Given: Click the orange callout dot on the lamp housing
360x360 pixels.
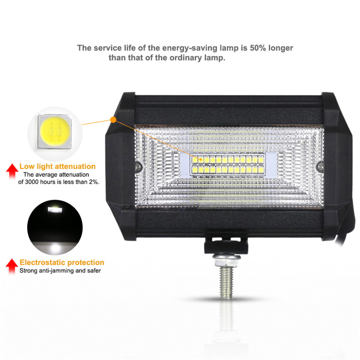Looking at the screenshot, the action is point(113,120).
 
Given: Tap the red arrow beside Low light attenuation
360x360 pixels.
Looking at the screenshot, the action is point(12,171).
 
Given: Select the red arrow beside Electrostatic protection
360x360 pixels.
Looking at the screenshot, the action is point(12,266).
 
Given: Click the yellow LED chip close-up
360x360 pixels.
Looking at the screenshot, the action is point(55,132).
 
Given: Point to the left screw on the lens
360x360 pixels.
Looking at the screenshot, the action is point(138,166).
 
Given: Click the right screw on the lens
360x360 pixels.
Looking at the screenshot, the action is point(320,166).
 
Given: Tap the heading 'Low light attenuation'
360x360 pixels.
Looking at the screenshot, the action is point(58,166).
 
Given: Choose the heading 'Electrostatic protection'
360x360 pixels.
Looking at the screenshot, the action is point(62,262).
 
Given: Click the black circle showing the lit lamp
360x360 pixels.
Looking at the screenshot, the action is point(55,227).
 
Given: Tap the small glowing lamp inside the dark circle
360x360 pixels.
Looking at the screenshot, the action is point(54,210).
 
